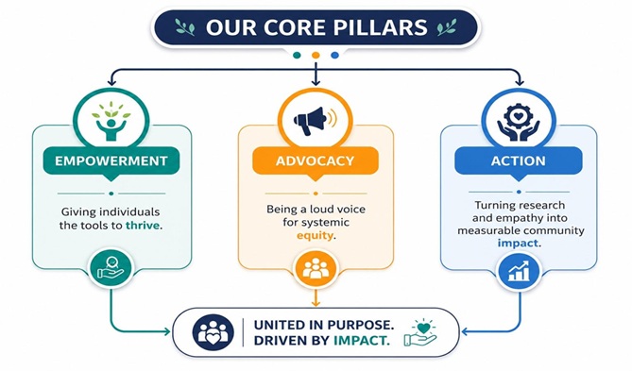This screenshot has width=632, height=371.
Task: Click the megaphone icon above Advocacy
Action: click(x=315, y=120)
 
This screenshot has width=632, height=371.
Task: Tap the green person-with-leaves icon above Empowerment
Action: click(x=111, y=121)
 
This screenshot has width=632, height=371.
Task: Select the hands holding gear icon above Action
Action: click(x=519, y=122)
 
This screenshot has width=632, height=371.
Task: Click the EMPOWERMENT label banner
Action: click(x=111, y=161)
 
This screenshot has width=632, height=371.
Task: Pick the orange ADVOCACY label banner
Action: click(x=316, y=161)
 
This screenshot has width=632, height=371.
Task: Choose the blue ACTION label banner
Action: click(x=519, y=161)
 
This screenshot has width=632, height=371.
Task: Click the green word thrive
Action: click(x=143, y=226)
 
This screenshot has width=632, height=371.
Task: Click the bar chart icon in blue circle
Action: click(x=520, y=270)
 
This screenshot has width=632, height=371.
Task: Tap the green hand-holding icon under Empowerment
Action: click(x=111, y=268)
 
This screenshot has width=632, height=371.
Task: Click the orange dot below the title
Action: click(x=316, y=55)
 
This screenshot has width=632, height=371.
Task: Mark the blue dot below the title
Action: click(x=334, y=55)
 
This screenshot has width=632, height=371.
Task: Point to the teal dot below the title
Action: click(x=297, y=55)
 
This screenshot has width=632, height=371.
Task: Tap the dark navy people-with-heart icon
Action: click(x=213, y=332)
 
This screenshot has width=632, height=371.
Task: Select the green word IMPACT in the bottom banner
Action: click(x=362, y=341)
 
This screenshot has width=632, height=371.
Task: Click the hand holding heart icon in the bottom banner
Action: click(x=420, y=332)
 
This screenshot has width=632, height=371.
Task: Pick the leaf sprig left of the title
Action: click(x=185, y=27)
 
